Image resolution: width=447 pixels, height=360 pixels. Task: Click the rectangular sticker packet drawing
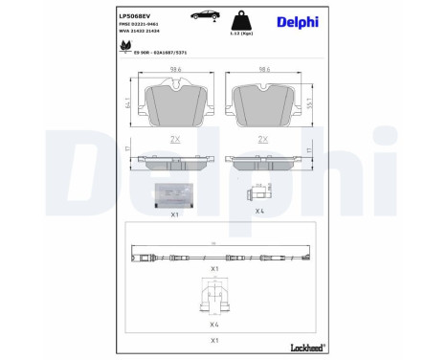point(174,194)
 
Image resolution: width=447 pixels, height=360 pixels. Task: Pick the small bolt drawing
point(260,191)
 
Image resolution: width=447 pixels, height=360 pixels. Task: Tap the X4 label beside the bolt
point(259,211)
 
